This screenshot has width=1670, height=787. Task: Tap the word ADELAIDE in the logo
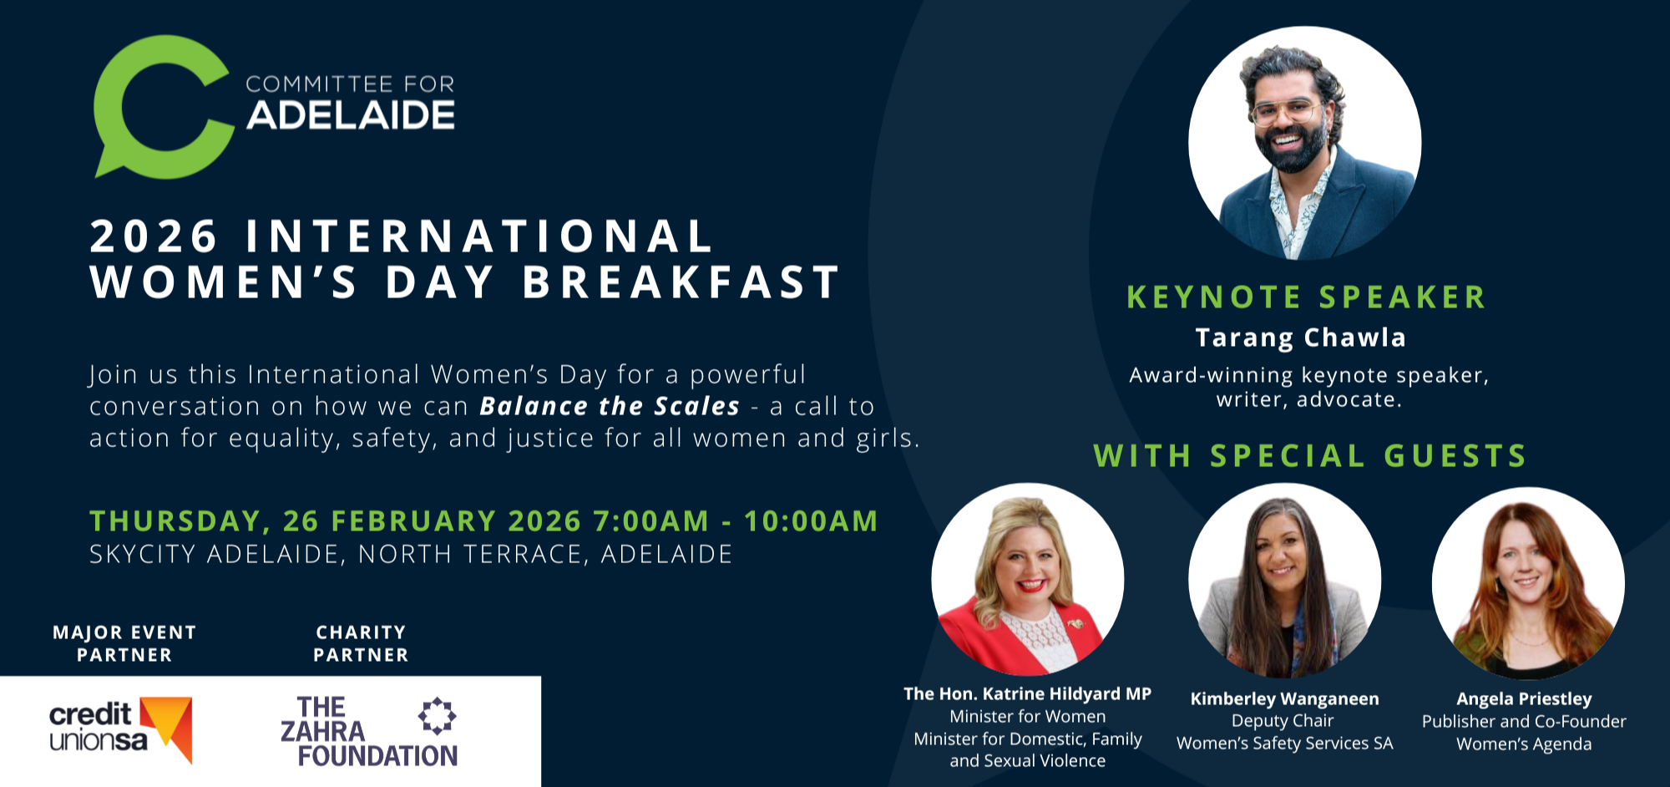point(351,115)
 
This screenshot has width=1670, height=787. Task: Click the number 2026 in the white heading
point(154,236)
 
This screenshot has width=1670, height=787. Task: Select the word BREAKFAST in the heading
point(681,282)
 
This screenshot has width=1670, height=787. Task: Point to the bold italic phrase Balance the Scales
point(610,406)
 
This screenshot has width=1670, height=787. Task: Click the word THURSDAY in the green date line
point(175,521)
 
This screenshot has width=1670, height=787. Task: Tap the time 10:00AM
point(811,520)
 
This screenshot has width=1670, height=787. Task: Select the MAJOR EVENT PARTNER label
point(124,643)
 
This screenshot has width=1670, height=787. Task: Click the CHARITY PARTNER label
point(361,643)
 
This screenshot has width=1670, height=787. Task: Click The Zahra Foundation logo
point(369,731)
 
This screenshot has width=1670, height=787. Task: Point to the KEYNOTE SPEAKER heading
point(1307,297)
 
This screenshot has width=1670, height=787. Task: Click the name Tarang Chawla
point(1301,338)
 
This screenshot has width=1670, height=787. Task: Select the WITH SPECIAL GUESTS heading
point(1310,455)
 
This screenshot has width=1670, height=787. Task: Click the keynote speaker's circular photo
point(1305,143)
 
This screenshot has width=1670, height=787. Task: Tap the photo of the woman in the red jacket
point(1028,579)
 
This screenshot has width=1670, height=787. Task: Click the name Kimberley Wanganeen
point(1284,698)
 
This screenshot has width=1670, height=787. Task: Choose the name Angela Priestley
point(1524,698)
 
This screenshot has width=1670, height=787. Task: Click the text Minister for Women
point(1027,716)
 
